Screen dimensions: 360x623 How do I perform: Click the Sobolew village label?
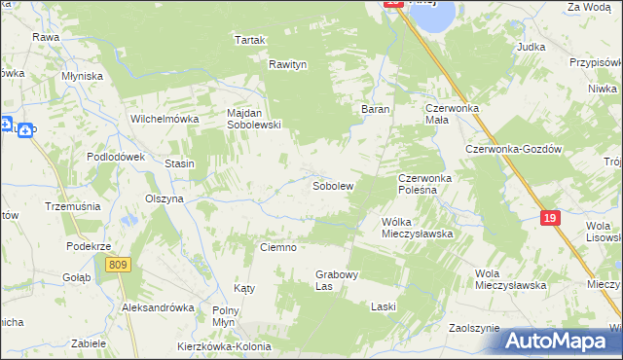pos(332,185)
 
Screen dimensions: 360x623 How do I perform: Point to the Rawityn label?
pos(288,64)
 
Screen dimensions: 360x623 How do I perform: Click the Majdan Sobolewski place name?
pos(253,119)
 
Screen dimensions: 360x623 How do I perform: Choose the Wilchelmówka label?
pos(165,119)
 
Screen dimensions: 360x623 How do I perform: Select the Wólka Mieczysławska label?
pos(418,228)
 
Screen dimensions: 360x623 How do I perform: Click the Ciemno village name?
pos(277,247)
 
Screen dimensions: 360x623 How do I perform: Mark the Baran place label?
pos(376,109)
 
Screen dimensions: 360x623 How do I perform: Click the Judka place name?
pos(531,46)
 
